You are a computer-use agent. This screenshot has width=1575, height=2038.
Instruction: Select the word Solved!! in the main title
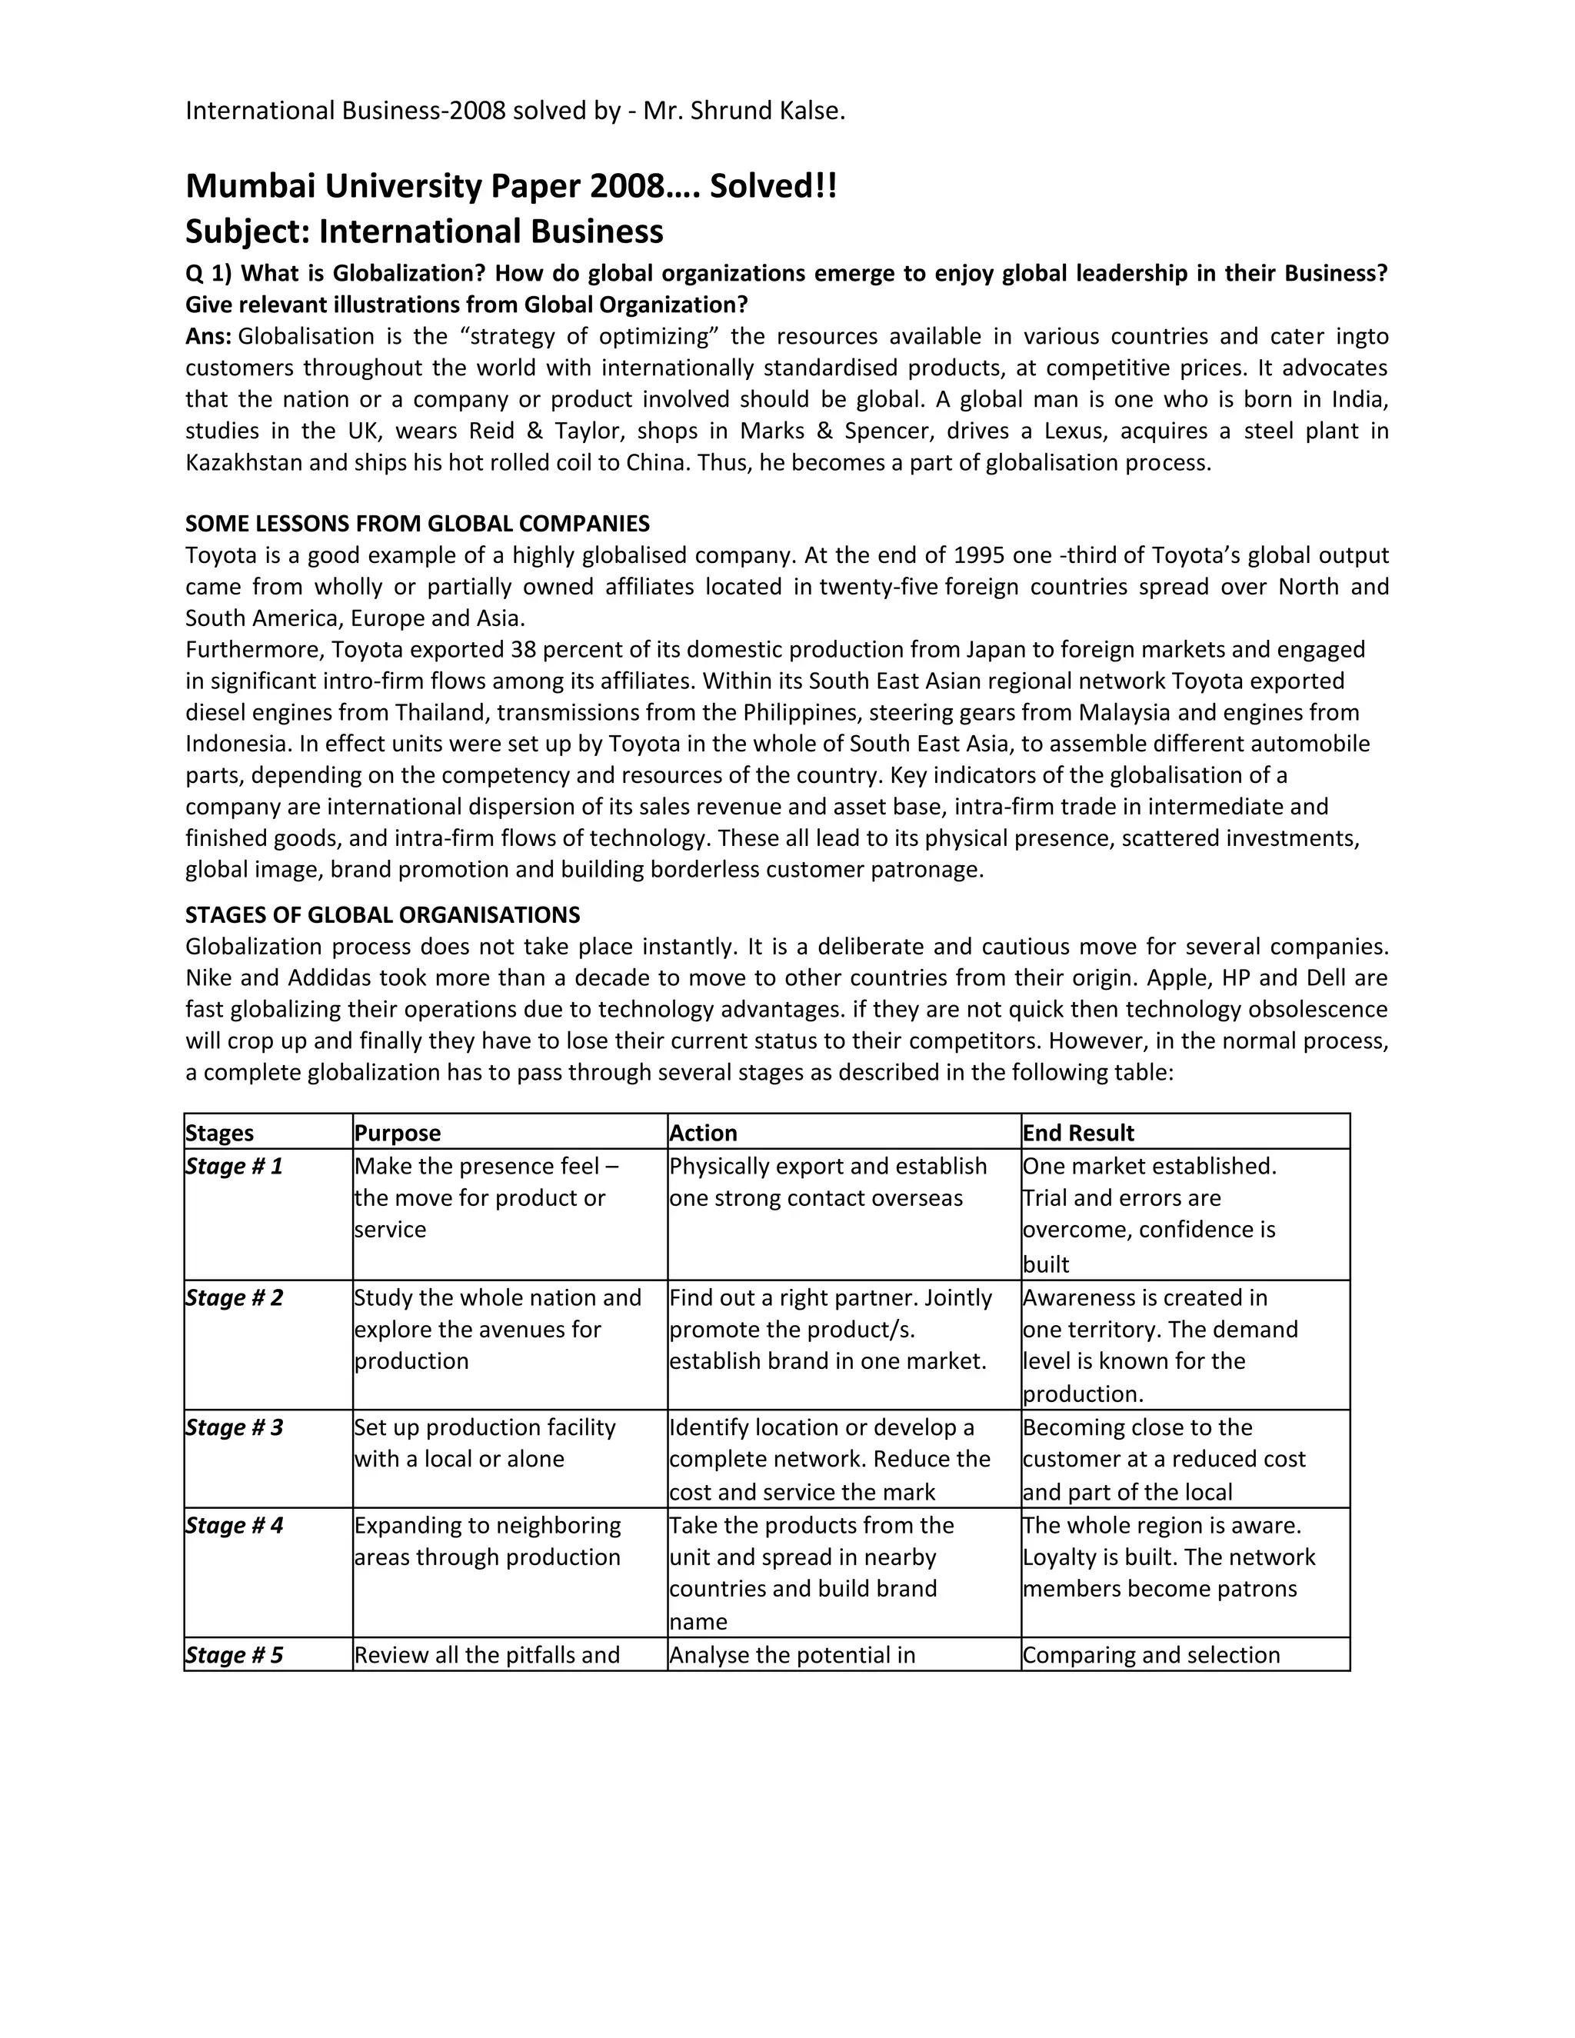coord(773,187)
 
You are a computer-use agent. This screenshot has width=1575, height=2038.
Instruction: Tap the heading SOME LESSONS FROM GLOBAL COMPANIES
coord(417,524)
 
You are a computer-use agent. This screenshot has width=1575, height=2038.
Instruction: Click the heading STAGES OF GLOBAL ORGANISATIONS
coord(382,914)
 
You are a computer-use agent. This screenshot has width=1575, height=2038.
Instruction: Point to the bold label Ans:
coord(208,337)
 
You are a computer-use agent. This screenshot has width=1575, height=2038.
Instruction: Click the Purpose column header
coord(398,1133)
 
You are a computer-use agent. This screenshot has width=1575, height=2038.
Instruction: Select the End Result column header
coord(1077,1133)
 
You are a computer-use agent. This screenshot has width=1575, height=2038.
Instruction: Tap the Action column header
coord(704,1133)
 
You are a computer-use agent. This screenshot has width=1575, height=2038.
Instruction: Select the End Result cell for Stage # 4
coord(1168,1557)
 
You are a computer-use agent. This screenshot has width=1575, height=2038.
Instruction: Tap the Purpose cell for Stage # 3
coord(484,1444)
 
